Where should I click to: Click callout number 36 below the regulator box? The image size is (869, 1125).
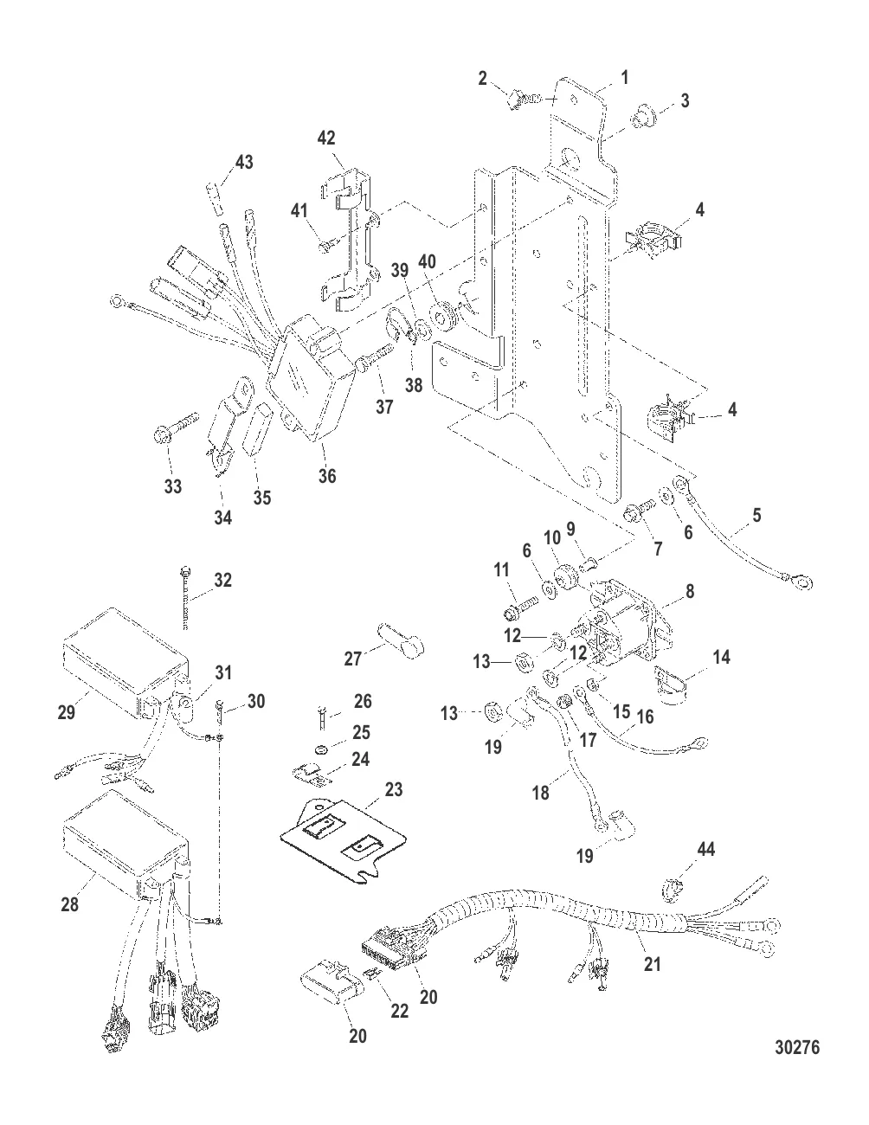(x=326, y=475)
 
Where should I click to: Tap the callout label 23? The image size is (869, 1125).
(x=394, y=790)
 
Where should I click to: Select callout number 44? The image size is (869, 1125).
(x=707, y=851)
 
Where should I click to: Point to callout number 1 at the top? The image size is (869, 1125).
(x=625, y=78)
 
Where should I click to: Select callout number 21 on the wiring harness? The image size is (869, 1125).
(x=652, y=961)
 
